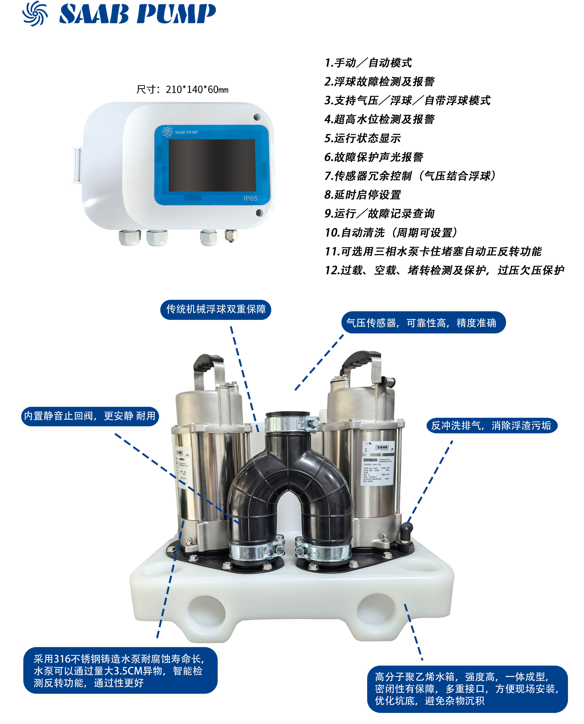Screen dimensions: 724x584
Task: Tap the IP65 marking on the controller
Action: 250,198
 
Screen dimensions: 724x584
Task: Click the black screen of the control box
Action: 212,165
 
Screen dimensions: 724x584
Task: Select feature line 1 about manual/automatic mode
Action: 368,63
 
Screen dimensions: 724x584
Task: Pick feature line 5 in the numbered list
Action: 362,138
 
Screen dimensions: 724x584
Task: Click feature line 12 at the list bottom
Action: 444,270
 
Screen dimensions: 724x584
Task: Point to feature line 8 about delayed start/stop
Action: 362,195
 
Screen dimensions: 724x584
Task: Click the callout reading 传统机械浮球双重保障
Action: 216,309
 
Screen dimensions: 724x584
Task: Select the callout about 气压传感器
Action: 423,323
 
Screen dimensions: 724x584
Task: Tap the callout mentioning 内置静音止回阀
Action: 90,416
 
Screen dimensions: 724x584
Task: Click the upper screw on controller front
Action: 257,117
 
